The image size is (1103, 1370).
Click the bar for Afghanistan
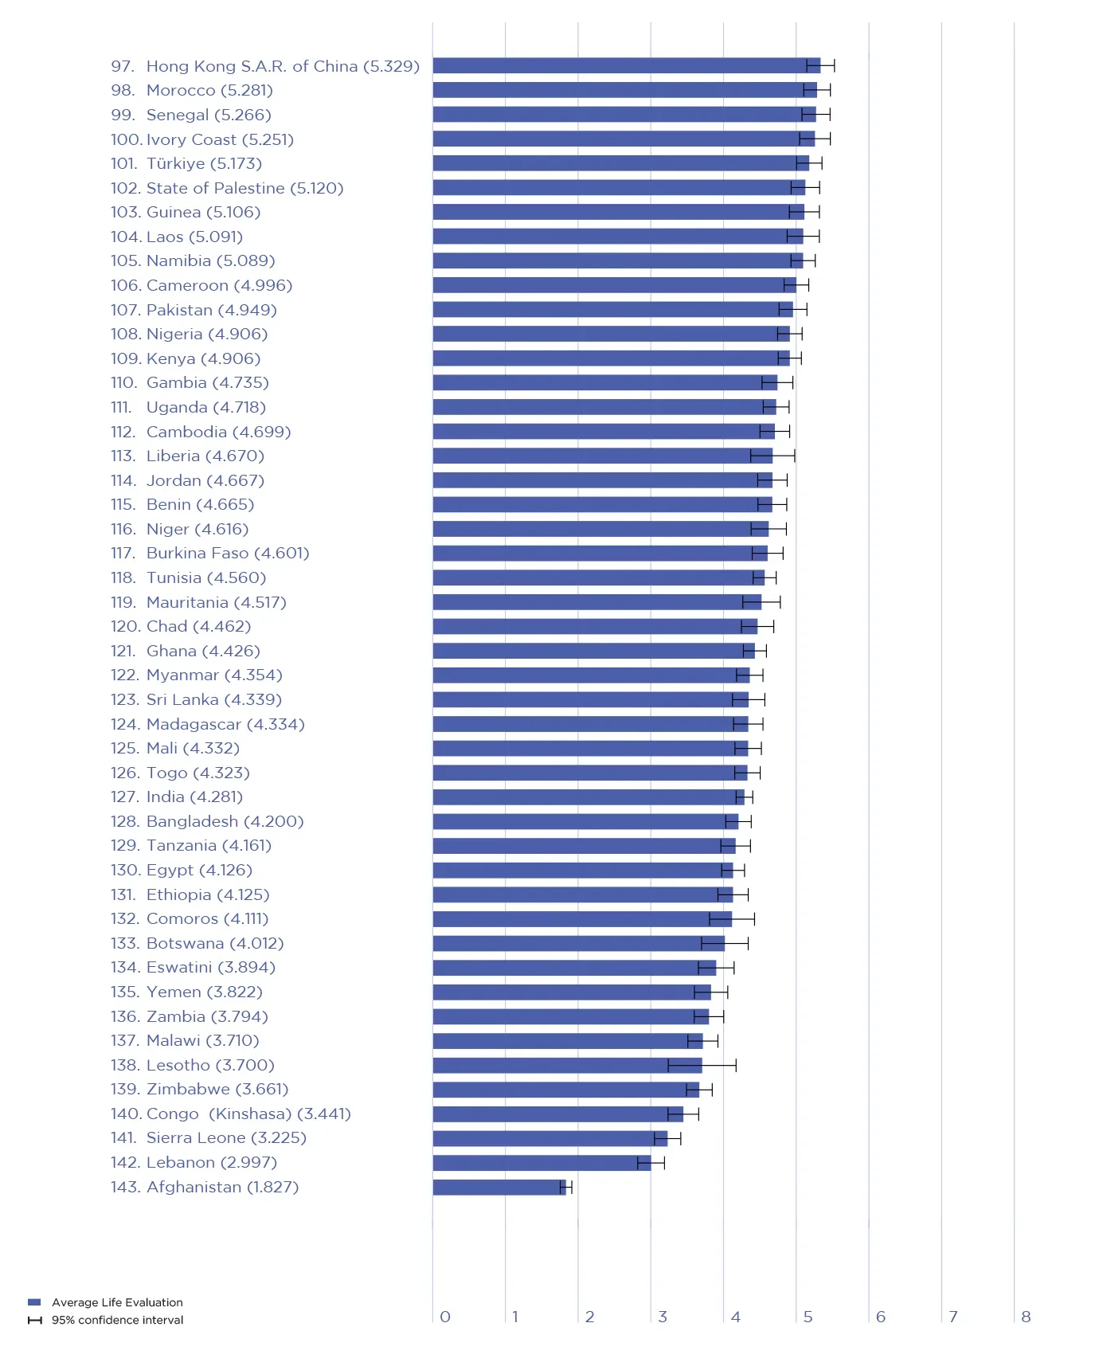(499, 1187)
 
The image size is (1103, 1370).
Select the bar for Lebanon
(542, 1163)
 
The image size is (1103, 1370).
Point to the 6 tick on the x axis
(880, 1317)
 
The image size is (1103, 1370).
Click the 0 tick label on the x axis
(445, 1317)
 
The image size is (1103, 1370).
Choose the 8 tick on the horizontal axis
(1026, 1317)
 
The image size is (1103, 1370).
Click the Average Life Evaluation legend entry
(117, 1302)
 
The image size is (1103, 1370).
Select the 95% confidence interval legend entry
(117, 1320)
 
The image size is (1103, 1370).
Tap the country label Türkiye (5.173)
(204, 163)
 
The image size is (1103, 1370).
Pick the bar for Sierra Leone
(550, 1138)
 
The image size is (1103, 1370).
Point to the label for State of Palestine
(244, 188)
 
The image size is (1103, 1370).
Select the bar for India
(588, 797)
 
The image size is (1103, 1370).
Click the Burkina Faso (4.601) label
(228, 553)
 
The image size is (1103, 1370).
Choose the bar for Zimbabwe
(565, 1089)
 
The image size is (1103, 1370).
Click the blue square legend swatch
(34, 1302)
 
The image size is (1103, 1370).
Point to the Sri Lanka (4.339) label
(214, 699)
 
